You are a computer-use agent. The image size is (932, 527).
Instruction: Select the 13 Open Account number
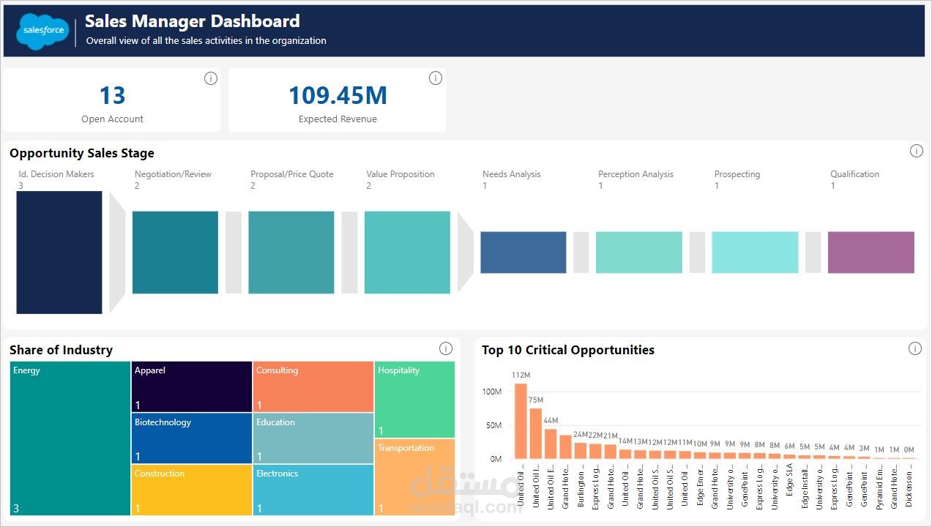click(112, 95)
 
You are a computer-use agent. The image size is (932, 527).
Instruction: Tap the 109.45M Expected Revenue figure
click(338, 95)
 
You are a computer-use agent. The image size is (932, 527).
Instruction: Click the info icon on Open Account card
click(211, 78)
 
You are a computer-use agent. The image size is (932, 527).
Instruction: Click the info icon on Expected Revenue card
click(436, 78)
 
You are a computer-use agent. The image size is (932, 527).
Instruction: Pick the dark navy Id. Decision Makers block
click(59, 253)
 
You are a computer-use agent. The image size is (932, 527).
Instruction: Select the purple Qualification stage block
click(871, 253)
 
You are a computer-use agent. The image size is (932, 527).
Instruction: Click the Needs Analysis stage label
click(511, 174)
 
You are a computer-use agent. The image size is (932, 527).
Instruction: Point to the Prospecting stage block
click(755, 253)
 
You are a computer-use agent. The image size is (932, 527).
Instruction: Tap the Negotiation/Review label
click(173, 174)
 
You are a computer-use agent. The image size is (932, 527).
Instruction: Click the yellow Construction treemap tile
click(192, 490)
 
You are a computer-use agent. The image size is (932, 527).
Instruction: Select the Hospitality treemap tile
click(414, 400)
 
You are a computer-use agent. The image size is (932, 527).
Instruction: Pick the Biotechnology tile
click(192, 438)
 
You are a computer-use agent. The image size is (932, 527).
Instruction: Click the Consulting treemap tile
click(313, 386)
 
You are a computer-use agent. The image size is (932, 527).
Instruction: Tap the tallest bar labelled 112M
click(521, 421)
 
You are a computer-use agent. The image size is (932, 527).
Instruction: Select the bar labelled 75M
click(536, 433)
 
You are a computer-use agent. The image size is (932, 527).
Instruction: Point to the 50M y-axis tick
click(491, 425)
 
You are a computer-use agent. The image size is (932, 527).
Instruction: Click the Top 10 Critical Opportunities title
click(567, 350)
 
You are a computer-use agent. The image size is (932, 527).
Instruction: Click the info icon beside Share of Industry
click(445, 348)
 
